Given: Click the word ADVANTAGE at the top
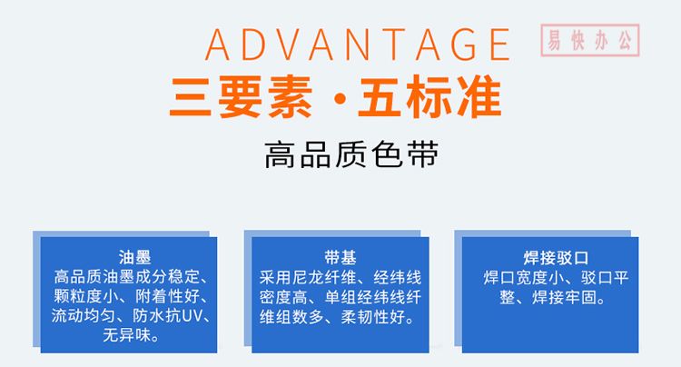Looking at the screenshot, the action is (x=358, y=45).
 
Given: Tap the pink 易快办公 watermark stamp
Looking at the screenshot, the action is (x=590, y=40).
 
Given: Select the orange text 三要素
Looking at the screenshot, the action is (x=241, y=96).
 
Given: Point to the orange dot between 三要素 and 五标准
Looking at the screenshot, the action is (x=340, y=99).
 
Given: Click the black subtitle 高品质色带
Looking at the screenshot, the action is (x=351, y=154).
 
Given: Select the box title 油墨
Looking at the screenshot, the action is (x=134, y=257).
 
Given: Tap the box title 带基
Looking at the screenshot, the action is (x=340, y=257).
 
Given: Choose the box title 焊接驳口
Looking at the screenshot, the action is (x=556, y=258).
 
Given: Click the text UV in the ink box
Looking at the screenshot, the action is (x=192, y=316).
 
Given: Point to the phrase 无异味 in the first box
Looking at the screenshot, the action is (x=126, y=335).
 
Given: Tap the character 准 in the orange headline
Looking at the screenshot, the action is (x=479, y=96).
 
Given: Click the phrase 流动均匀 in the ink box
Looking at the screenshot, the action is (x=83, y=316).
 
